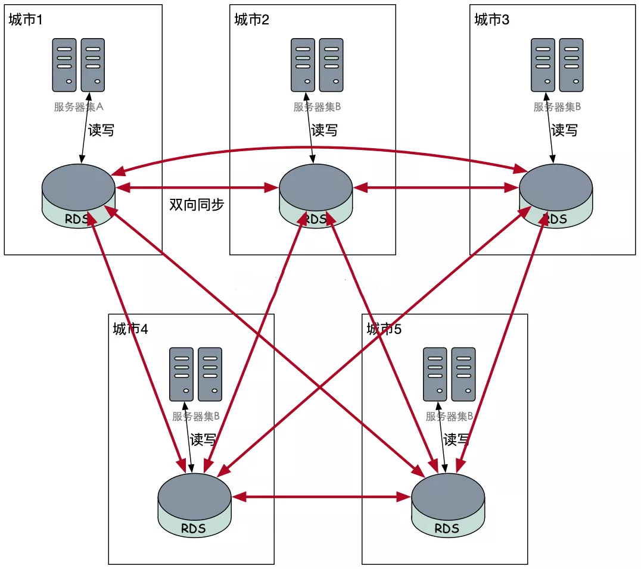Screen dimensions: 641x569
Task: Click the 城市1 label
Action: tap(26, 20)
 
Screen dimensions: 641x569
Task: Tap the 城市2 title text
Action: tap(251, 20)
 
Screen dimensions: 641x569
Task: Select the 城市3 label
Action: tap(492, 20)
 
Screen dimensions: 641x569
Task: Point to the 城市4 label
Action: tap(130, 329)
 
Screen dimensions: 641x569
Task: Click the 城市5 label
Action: tap(384, 329)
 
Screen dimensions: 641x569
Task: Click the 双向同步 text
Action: tap(197, 204)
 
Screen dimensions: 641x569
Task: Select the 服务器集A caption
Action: tap(79, 107)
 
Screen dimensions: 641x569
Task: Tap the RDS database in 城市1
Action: tap(79, 196)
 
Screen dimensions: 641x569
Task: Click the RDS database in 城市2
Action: tap(316, 196)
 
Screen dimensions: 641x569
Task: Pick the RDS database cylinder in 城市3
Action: tap(556, 196)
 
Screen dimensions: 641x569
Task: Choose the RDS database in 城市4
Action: tap(195, 505)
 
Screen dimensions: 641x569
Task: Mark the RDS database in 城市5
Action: tap(448, 505)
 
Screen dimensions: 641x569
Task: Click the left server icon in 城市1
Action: tap(64, 65)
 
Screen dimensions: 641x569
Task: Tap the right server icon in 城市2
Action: tap(331, 65)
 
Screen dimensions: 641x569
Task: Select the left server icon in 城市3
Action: tap(543, 65)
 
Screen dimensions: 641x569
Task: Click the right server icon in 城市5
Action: tap(463, 374)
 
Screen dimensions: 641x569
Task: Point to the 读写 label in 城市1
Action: tap(101, 130)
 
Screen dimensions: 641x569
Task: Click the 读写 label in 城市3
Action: tap(565, 130)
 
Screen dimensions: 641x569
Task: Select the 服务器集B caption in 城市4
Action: tap(196, 416)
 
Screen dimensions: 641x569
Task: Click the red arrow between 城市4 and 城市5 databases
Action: tap(321, 497)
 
